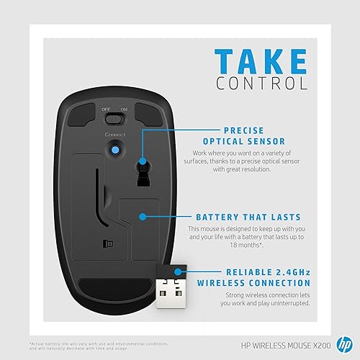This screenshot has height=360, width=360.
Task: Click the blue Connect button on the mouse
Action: [x=114, y=149]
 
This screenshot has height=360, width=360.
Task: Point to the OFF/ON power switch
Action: [x=114, y=119]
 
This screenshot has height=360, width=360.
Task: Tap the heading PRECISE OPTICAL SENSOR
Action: [x=244, y=135]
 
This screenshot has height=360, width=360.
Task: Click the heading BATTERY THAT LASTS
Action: [x=248, y=217]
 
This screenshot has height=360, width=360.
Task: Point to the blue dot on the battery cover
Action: [x=142, y=215]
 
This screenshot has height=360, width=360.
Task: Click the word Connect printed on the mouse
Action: [x=114, y=135]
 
